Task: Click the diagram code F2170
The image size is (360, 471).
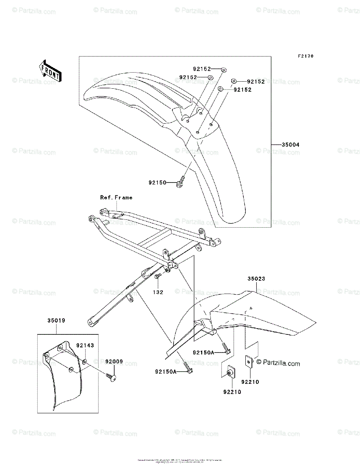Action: (305, 56)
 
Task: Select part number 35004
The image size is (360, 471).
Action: (291, 145)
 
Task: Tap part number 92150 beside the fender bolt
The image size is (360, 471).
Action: (157, 183)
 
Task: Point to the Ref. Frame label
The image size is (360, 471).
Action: (116, 197)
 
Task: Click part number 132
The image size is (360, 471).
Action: (158, 292)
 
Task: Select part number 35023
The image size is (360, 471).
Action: (256, 279)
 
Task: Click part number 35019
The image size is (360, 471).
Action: (56, 320)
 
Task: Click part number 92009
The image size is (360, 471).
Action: (113, 361)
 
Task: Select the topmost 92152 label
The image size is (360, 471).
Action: (202, 69)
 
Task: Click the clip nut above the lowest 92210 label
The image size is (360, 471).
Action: (230, 371)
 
